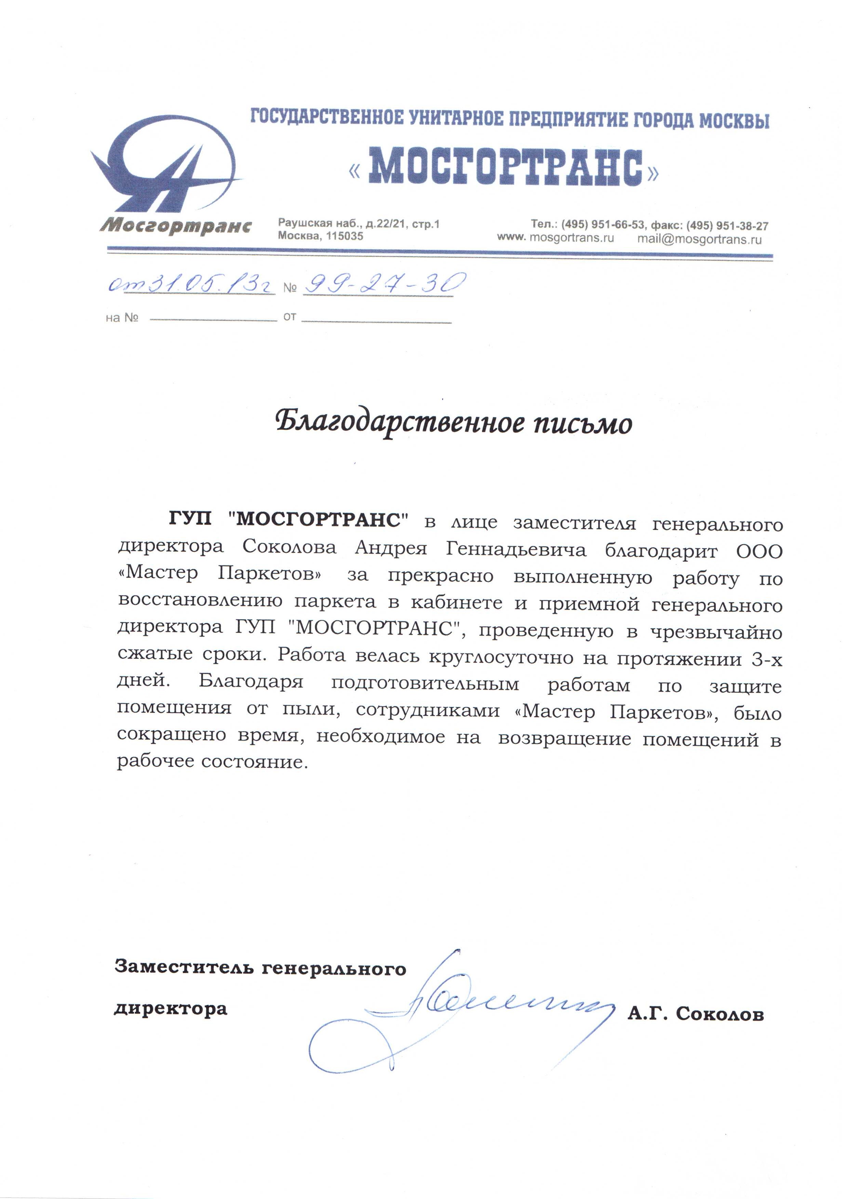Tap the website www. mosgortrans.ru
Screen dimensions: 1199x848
pos(555,238)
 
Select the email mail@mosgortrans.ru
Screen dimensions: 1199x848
pos(699,239)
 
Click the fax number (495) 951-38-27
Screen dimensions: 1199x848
pos(727,226)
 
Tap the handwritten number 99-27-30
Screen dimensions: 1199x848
pos(384,283)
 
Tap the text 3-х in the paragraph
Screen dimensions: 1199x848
pos(766,660)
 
